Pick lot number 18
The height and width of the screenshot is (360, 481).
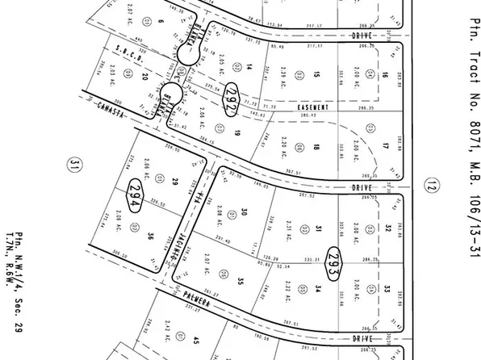(318, 147)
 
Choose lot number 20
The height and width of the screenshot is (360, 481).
(145, 77)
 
